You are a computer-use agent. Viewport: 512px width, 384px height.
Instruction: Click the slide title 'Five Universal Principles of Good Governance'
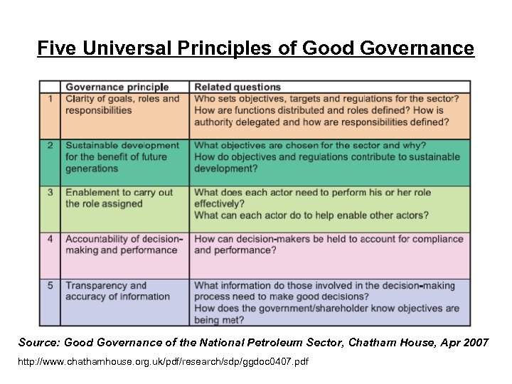(255, 48)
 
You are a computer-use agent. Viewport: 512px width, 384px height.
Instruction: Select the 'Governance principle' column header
(117, 87)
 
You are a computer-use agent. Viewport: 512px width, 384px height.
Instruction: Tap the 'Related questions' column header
(238, 87)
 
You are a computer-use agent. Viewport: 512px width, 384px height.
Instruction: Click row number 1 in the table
(50, 99)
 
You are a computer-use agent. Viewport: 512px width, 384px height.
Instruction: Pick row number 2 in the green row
(50, 146)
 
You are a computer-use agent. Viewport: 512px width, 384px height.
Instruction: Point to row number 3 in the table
(50, 193)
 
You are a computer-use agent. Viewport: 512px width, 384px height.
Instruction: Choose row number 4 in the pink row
(50, 240)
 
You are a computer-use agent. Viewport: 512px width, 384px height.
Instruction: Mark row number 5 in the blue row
(50, 286)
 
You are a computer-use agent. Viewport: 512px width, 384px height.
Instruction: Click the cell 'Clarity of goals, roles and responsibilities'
(122, 105)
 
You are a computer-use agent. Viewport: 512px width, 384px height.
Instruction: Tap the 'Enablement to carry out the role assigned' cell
(119, 198)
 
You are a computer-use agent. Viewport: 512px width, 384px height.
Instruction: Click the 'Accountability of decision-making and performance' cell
(124, 245)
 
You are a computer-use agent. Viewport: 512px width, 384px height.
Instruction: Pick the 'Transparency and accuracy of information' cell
(117, 292)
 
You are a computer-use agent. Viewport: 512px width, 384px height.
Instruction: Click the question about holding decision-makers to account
(328, 245)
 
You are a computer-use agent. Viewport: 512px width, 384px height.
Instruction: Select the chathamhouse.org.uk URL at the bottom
(164, 362)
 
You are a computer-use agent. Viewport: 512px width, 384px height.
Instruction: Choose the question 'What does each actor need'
(312, 198)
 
